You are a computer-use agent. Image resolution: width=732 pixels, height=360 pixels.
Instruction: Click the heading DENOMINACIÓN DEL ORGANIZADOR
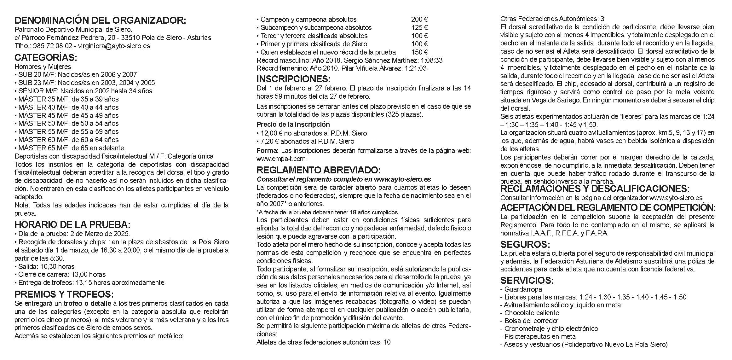tap(100, 20)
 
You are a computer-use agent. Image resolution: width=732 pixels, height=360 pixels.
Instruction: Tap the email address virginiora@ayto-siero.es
tap(114, 46)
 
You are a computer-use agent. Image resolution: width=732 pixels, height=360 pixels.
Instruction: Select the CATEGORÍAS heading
tap(46, 58)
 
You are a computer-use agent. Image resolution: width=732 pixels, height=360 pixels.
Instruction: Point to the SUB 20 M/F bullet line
tap(76, 75)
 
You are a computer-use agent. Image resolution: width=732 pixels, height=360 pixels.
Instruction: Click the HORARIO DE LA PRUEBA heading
tap(72, 225)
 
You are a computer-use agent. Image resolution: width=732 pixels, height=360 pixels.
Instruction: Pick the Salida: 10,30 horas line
tap(44, 267)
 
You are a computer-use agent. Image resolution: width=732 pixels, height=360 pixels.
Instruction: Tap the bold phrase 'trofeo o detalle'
tap(87, 304)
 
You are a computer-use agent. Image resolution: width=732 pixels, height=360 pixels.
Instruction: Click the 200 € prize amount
tap(419, 20)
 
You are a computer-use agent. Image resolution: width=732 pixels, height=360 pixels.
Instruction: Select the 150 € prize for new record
tap(419, 52)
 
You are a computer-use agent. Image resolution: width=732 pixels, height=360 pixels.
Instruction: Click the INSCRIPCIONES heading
tap(293, 79)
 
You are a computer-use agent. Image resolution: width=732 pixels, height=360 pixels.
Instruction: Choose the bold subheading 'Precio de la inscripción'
tap(293, 125)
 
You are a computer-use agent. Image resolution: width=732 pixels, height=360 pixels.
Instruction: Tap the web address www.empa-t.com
tap(281, 159)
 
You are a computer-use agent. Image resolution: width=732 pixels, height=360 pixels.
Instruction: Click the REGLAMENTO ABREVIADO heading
tap(318, 170)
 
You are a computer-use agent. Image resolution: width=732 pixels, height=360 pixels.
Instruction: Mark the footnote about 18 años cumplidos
tap(328, 212)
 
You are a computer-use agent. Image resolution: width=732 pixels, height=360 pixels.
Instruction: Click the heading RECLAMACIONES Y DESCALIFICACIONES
tap(595, 189)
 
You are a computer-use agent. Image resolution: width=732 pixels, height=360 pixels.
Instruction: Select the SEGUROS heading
tap(525, 245)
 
